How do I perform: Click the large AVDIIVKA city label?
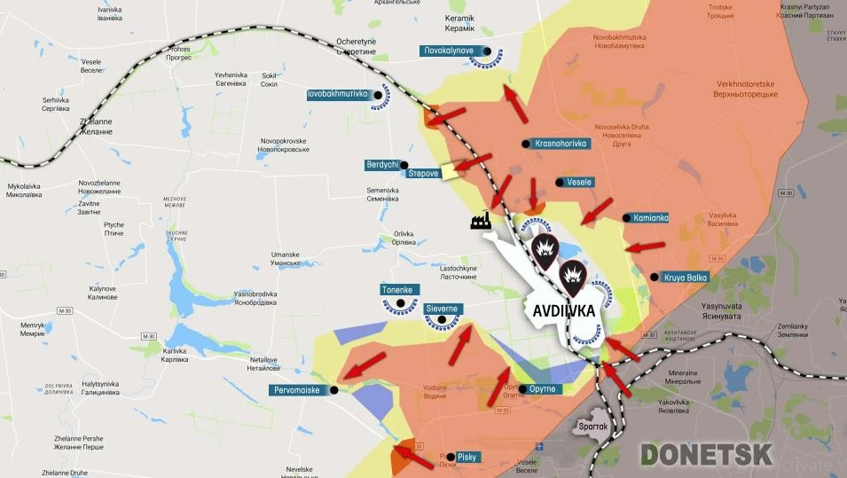pos(564,311)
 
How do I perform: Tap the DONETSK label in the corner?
pos(706,454)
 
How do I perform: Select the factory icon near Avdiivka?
pos(482,220)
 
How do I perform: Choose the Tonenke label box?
pos(396,290)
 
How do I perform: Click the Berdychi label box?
pos(382,165)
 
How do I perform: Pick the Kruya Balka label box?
pos(686,278)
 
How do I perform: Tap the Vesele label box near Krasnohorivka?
pos(578,182)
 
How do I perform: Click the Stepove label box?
pos(423,173)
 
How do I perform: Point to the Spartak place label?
pos(592,427)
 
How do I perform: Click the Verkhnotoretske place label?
pos(747,89)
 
